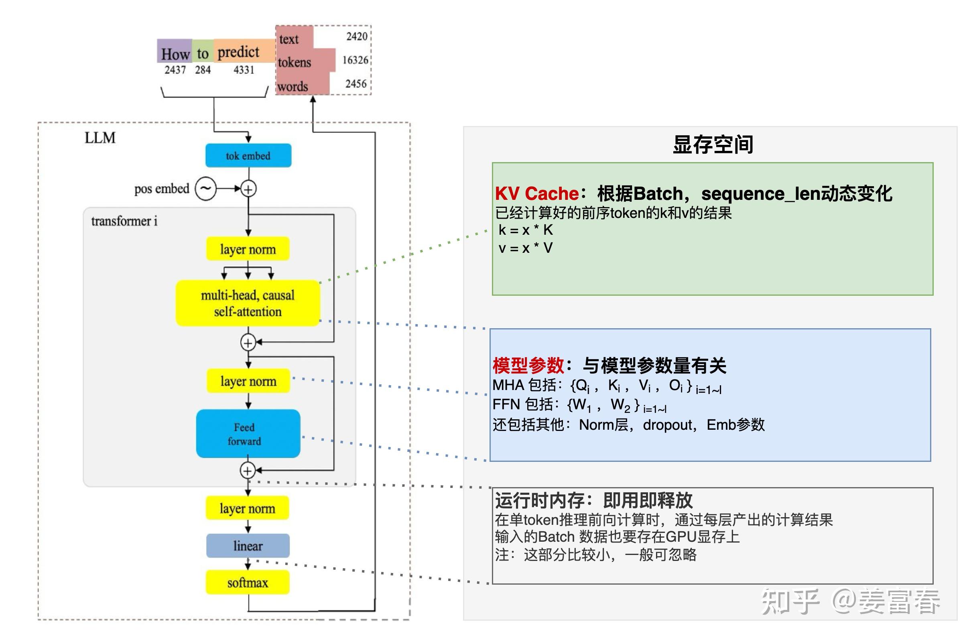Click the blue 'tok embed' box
[248, 156]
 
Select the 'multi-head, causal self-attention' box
[248, 303]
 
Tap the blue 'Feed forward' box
[248, 433]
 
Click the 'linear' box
[248, 546]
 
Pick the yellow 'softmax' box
[248, 583]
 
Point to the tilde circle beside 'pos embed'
[205, 189]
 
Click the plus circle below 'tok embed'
[248, 189]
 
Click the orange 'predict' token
[239, 52]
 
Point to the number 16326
[355, 60]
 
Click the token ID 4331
[244, 70]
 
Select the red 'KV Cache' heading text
[536, 193]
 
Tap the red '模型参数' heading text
[528, 365]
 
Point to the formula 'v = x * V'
[526, 248]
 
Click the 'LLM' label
[100, 138]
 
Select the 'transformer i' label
[124, 221]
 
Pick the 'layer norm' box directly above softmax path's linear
[248, 508]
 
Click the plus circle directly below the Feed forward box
[248, 471]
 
